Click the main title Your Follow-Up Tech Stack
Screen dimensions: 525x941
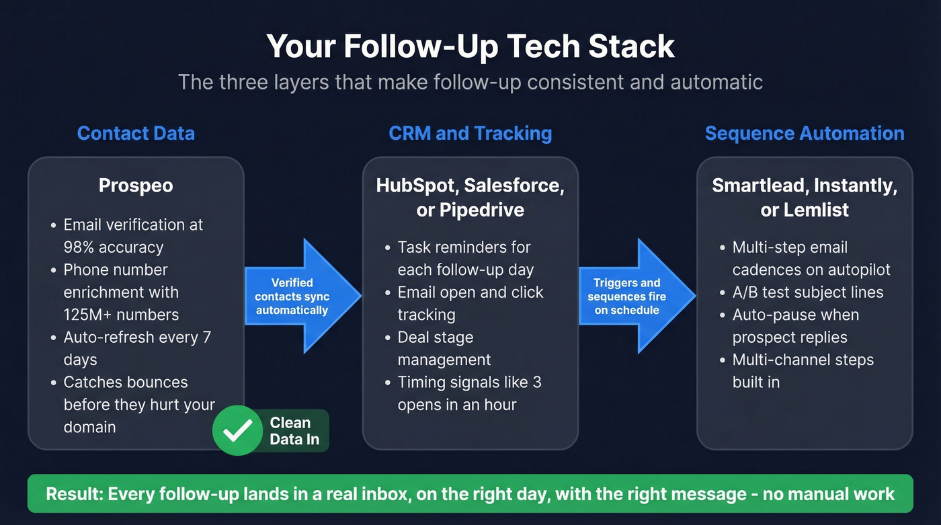coord(470,46)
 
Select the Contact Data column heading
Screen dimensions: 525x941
coord(136,133)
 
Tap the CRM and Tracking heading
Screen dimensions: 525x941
coord(470,133)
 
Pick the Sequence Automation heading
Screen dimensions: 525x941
coord(804,133)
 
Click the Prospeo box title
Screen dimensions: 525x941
coord(136,186)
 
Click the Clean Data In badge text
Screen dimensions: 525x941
coord(290,432)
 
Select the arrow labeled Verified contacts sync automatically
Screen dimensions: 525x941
coord(296,296)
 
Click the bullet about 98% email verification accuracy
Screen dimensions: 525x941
coord(132,235)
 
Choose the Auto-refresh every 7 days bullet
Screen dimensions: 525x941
coord(136,348)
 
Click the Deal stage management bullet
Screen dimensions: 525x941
coord(444,348)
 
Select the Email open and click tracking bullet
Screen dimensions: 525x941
coord(470,303)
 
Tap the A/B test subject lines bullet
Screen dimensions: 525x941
coord(807,292)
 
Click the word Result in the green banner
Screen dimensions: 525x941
coord(73,494)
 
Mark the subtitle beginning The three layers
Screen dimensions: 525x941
coord(470,82)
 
